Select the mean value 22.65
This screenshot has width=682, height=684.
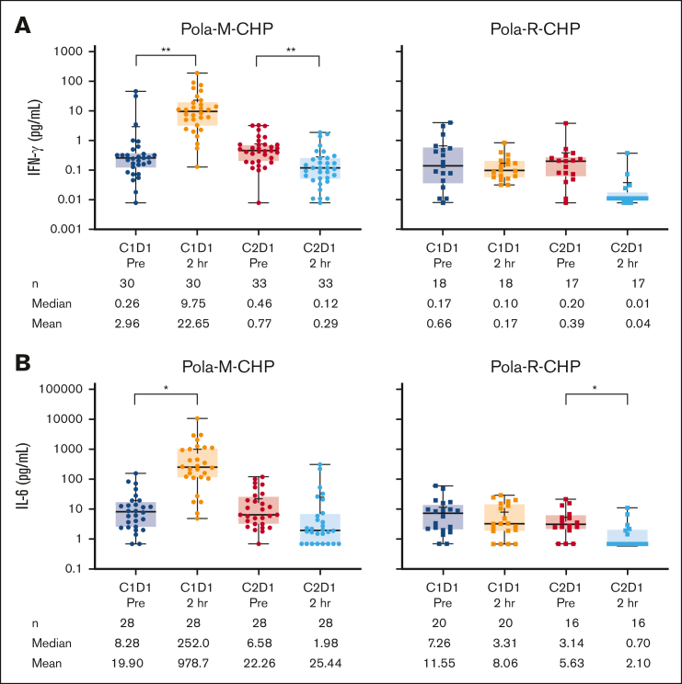tap(198, 323)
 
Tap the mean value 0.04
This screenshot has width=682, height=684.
tap(626, 323)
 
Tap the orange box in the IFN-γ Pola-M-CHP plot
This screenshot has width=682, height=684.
tap(198, 113)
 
